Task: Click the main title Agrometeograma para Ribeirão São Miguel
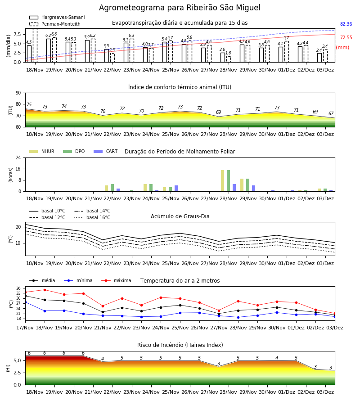click(x=180, y=8)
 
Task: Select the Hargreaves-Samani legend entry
click(x=57, y=17)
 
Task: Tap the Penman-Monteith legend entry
click(x=55, y=24)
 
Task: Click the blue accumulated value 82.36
click(x=346, y=24)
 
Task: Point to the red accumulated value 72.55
click(x=346, y=37)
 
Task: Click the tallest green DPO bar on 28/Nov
click(x=228, y=181)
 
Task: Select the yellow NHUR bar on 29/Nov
click(x=242, y=185)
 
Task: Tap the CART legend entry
click(x=106, y=151)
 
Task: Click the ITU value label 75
click(x=29, y=104)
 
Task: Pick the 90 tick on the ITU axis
click(x=18, y=93)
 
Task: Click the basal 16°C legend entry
click(x=92, y=217)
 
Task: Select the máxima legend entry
click(x=117, y=280)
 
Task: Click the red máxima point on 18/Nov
click(x=45, y=290)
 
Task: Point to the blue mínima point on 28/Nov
click(x=238, y=317)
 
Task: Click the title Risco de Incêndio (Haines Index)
click(x=180, y=345)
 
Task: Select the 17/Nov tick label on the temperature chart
click(x=25, y=328)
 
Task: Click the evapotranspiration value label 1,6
click(x=228, y=53)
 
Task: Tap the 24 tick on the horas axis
click(x=18, y=158)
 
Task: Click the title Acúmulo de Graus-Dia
click(x=180, y=216)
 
